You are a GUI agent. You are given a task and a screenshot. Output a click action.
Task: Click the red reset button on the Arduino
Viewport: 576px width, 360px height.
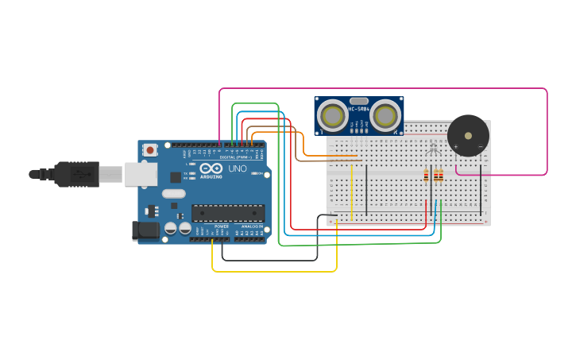click(x=149, y=149)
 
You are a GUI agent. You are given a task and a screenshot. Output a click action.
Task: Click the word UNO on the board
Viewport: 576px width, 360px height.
click(x=238, y=169)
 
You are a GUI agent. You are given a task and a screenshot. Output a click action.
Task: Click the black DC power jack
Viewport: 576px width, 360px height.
click(x=145, y=230)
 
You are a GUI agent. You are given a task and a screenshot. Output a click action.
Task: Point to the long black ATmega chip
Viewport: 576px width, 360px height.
click(x=228, y=213)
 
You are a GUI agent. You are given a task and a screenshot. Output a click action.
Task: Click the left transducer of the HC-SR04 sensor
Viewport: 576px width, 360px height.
click(x=333, y=116)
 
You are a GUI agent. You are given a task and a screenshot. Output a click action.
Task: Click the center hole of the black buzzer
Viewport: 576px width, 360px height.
click(x=468, y=135)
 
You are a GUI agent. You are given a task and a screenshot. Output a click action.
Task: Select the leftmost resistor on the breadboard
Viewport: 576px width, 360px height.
click(x=426, y=176)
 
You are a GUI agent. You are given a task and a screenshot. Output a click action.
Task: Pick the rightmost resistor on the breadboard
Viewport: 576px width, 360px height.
click(x=441, y=176)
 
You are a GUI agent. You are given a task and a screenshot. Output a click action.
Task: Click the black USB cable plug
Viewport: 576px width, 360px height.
click(x=76, y=174)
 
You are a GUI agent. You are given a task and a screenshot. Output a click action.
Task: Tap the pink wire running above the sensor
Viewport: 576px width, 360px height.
click(x=381, y=89)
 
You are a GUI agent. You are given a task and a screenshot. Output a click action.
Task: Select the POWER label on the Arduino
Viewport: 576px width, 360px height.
click(x=221, y=226)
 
